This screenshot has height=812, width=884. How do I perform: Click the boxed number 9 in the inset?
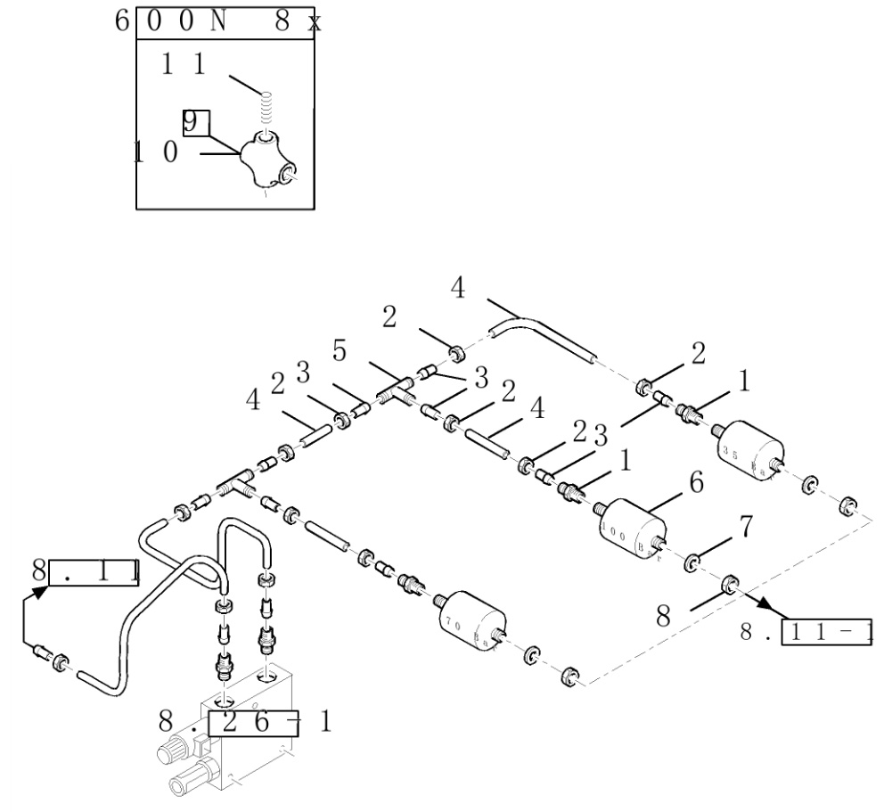196,122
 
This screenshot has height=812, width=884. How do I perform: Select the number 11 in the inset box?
184,64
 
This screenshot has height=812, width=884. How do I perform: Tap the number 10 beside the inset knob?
157,152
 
